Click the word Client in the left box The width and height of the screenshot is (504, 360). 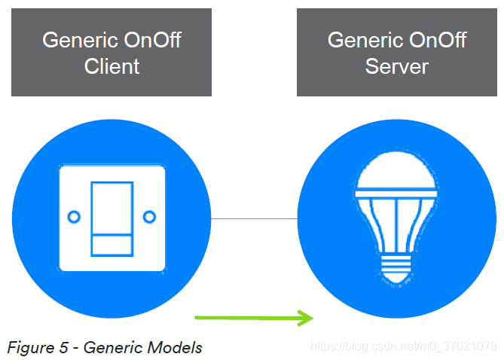111,66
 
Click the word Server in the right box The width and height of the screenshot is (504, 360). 397,66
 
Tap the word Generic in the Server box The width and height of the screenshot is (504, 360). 357,40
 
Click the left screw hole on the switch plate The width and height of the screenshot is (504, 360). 74,217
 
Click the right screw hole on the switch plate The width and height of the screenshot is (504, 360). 150,217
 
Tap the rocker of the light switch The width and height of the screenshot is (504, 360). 111,217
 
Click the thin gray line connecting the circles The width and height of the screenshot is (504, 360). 255,218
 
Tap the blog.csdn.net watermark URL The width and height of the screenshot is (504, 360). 404,346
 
